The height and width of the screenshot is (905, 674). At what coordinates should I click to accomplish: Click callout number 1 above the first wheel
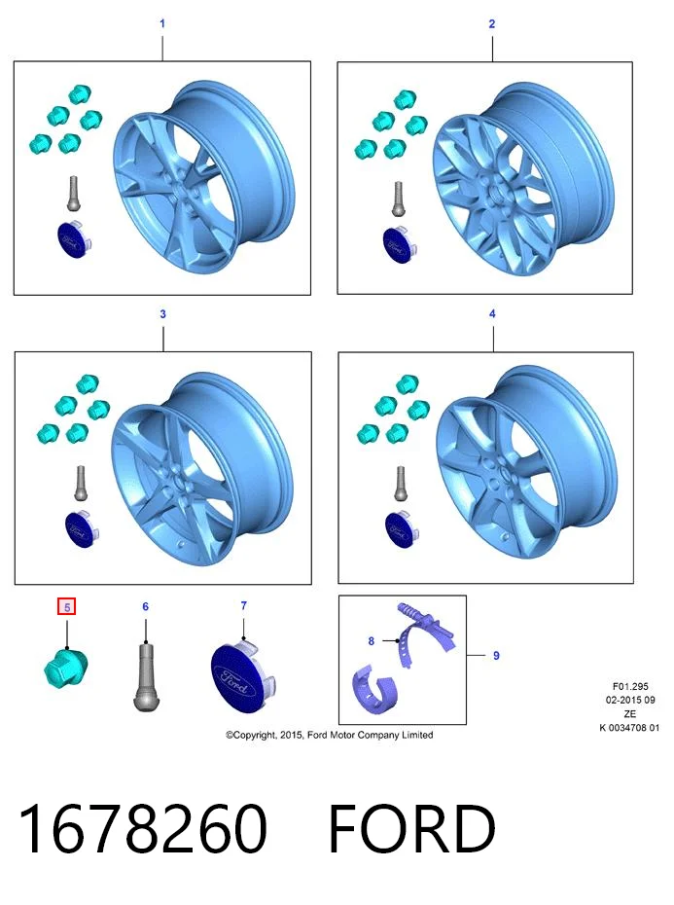162,23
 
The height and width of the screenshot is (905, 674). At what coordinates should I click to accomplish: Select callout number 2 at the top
492,23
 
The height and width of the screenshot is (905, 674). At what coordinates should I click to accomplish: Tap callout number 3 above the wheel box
162,314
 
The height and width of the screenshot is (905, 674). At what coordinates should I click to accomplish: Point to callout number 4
492,313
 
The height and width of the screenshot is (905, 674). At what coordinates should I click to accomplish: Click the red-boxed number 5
67,607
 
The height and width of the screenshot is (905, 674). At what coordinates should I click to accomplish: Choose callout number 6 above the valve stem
146,606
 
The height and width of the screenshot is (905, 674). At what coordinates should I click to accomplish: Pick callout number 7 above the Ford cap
243,605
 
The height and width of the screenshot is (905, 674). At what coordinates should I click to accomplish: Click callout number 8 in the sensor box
372,641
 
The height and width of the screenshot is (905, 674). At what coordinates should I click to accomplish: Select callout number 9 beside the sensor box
496,656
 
